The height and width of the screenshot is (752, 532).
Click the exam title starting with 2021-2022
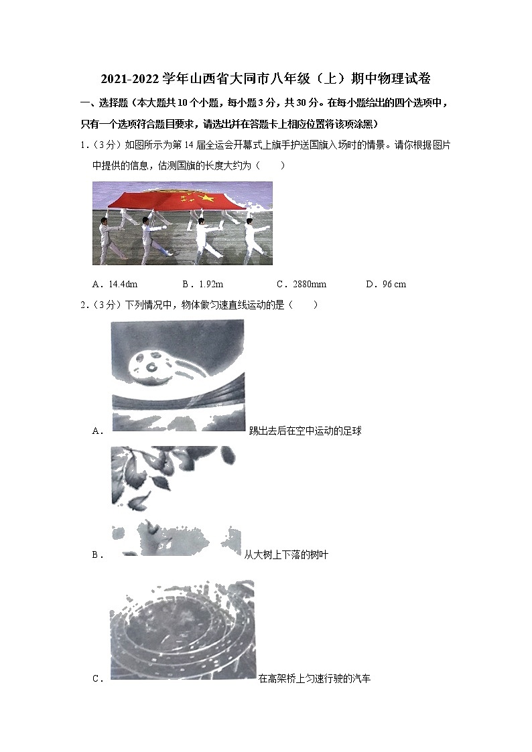(265, 79)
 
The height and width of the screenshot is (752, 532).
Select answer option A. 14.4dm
(118, 284)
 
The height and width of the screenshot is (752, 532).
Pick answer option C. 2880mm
(302, 284)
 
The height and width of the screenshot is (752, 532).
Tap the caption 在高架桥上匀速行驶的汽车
(314, 678)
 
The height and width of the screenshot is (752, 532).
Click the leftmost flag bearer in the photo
(107, 238)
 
